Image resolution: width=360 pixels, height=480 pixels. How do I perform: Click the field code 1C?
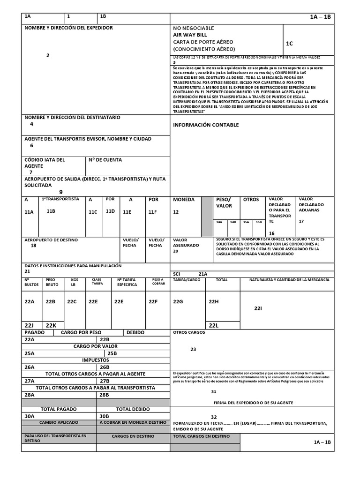[x=289, y=44]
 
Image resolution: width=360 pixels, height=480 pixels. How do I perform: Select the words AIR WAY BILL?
[x=190, y=35]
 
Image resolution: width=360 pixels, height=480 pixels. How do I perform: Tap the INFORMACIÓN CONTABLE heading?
[x=206, y=125]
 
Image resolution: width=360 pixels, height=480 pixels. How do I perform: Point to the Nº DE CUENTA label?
[x=105, y=160]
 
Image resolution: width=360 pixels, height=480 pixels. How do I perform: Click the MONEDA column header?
[x=184, y=200]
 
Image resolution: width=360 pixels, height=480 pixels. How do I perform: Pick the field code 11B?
[x=51, y=211]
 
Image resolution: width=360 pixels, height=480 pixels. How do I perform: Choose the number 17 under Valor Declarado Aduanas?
[x=301, y=221]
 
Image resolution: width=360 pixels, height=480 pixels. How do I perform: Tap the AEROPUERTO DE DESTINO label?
[x=51, y=240]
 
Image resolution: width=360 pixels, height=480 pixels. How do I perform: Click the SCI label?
[x=177, y=274]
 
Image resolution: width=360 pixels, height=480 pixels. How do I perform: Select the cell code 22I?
[x=258, y=308]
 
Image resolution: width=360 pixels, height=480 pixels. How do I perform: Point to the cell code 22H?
[x=213, y=301]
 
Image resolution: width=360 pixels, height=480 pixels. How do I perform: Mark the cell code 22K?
[x=51, y=325]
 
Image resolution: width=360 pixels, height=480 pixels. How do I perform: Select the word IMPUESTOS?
[x=96, y=360]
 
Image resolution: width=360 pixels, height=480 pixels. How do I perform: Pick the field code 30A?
[x=30, y=416]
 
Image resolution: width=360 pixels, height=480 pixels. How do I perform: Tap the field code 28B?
[x=105, y=395]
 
